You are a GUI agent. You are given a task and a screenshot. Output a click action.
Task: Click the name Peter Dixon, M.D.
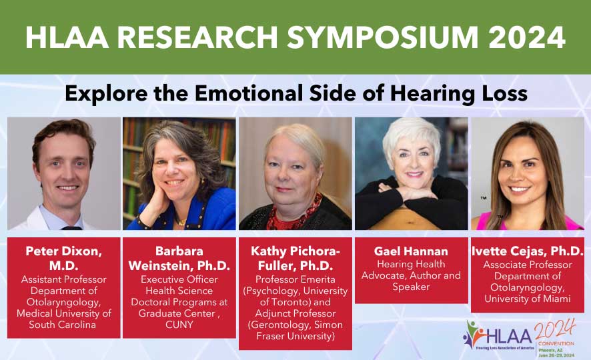[64, 259]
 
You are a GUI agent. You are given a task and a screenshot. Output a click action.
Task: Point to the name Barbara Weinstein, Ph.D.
[179, 259]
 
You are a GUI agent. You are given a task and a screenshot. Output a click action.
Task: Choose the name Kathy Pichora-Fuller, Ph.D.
[295, 259]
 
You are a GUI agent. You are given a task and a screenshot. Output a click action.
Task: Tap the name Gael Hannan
[411, 251]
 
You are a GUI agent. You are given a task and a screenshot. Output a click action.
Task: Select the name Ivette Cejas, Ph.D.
[527, 251]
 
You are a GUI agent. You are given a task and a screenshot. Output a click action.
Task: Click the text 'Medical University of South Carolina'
[64, 319]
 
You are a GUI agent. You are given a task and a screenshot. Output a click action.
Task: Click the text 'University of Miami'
[527, 299]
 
